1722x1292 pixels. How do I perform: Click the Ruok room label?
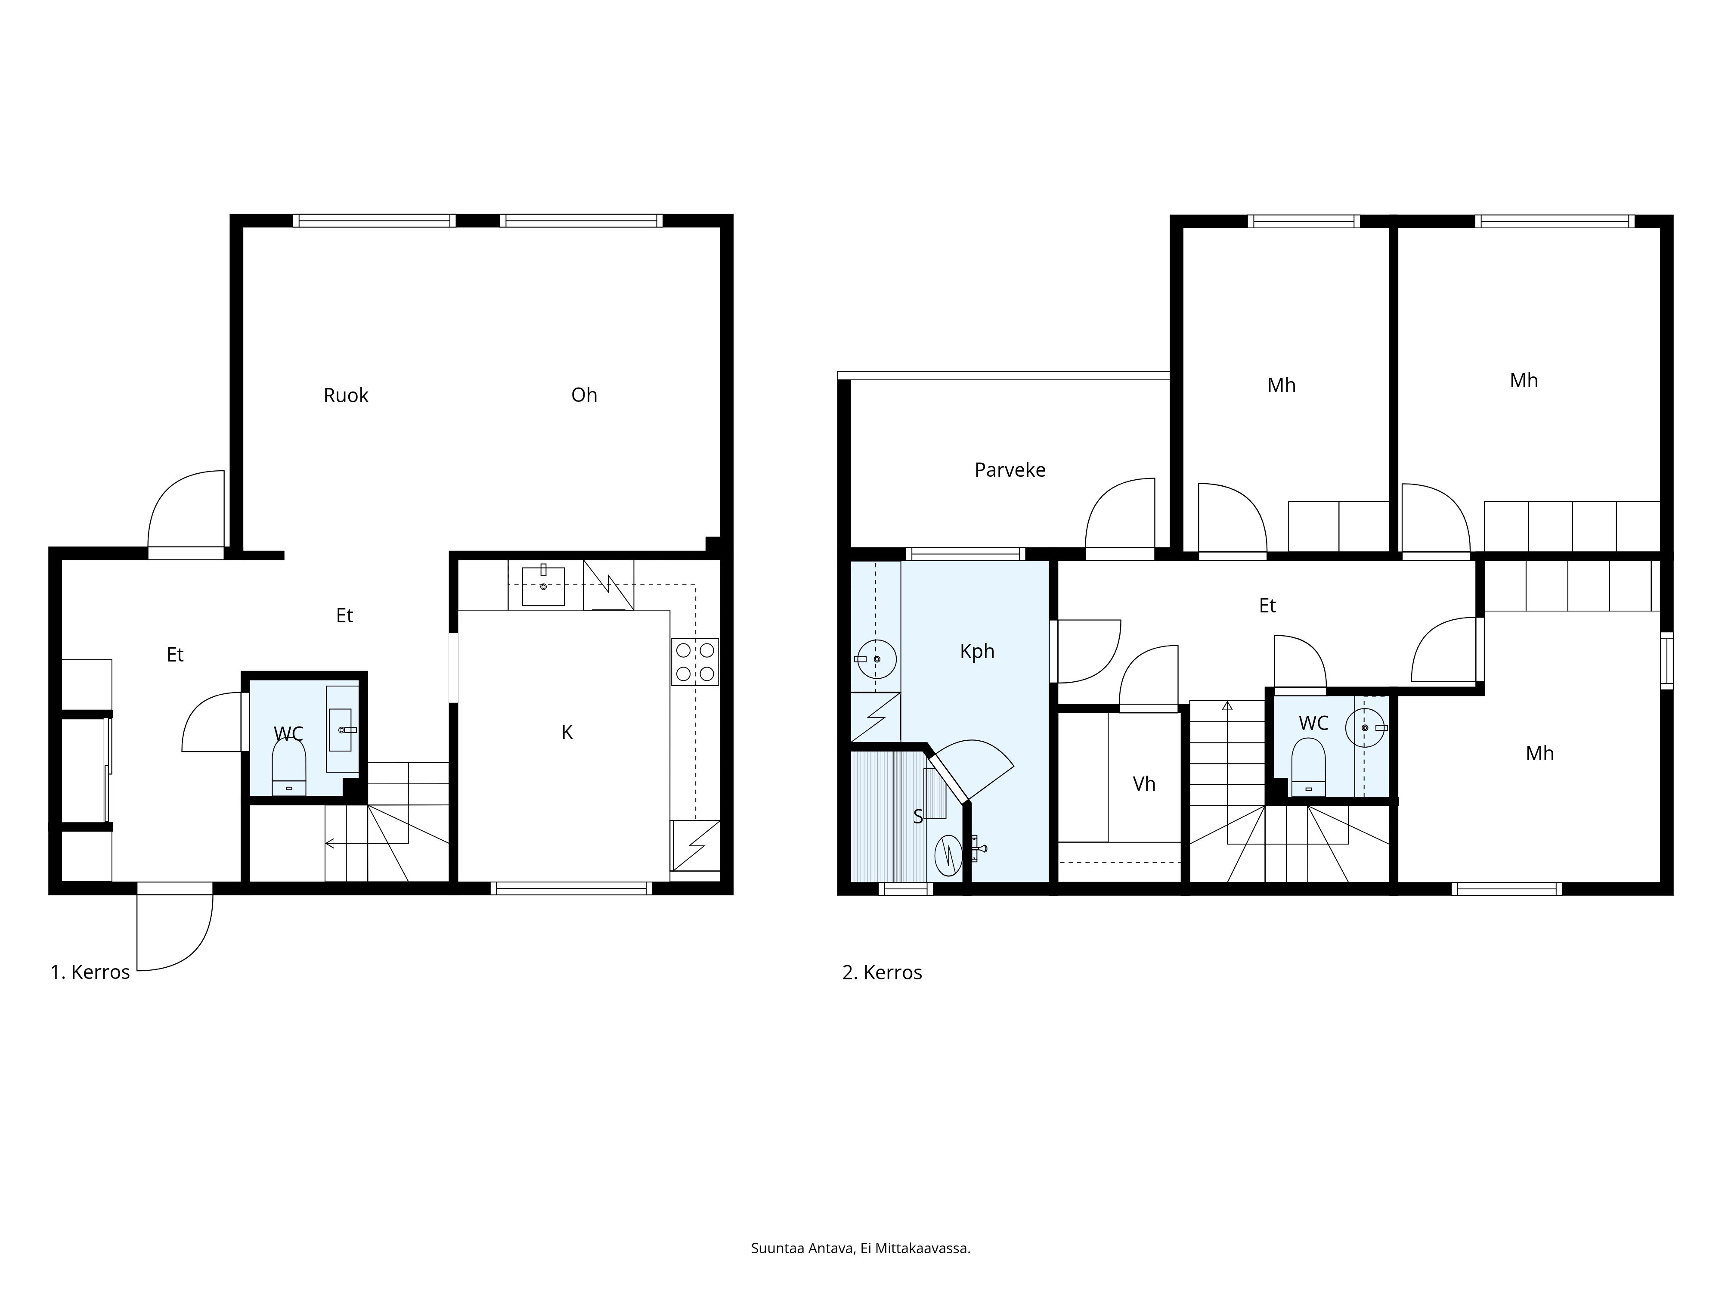point(346,396)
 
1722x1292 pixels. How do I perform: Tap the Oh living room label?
point(584,395)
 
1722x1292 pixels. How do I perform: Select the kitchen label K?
point(567,732)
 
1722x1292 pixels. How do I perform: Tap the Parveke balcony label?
point(1010,469)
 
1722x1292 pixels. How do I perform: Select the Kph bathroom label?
point(977,651)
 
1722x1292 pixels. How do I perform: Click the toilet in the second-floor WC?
point(1308,767)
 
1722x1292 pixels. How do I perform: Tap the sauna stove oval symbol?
point(948,855)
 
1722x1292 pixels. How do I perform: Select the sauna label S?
point(918,816)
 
